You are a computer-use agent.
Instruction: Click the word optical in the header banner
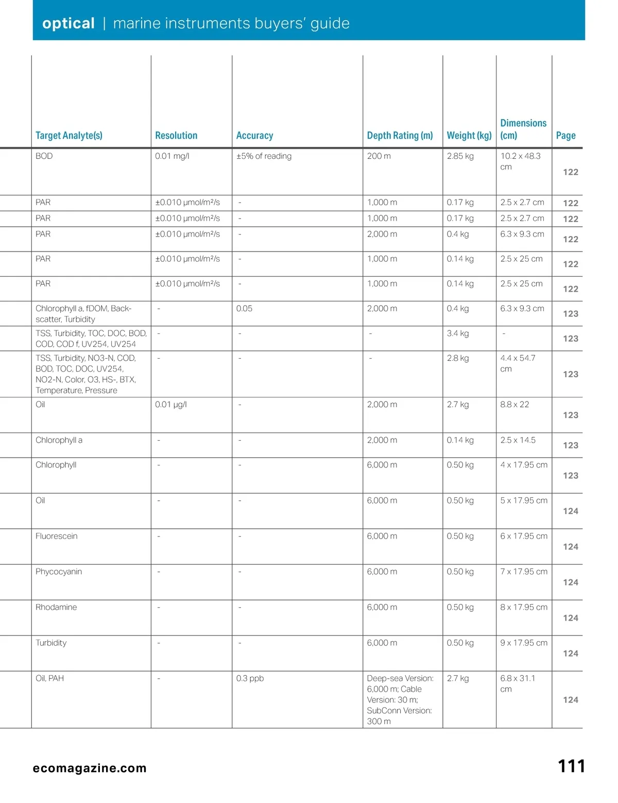68,23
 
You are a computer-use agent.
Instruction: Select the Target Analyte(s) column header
69,136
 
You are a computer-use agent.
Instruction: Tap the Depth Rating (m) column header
400,136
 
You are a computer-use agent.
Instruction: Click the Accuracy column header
254,136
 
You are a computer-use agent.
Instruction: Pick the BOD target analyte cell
44,156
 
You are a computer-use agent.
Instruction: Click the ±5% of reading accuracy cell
264,156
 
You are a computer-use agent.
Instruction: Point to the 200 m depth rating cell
379,156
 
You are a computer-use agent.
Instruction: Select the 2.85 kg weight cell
460,156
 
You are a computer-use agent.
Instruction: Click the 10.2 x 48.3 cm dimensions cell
520,161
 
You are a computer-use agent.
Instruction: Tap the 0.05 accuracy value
244,309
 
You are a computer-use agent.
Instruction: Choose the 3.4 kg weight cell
458,333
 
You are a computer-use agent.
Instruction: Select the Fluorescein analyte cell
57,536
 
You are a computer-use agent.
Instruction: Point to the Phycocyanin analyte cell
59,572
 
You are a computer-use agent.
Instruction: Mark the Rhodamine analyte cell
56,607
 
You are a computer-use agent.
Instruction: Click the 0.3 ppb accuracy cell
250,678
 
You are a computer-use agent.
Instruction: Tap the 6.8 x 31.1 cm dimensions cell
518,683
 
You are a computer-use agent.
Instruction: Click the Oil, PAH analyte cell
50,678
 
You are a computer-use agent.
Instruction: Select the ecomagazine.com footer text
90,768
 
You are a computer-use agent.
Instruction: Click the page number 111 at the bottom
571,766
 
